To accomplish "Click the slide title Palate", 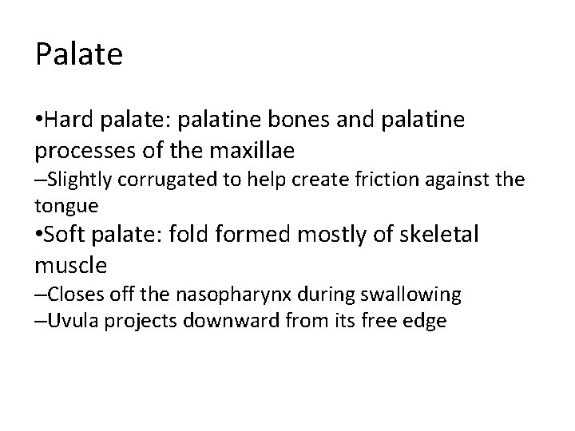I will point(79,54).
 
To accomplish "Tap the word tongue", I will point(67,205).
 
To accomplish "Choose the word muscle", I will point(70,263).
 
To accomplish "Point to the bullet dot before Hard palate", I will point(39,120).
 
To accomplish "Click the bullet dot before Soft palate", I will point(39,235).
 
